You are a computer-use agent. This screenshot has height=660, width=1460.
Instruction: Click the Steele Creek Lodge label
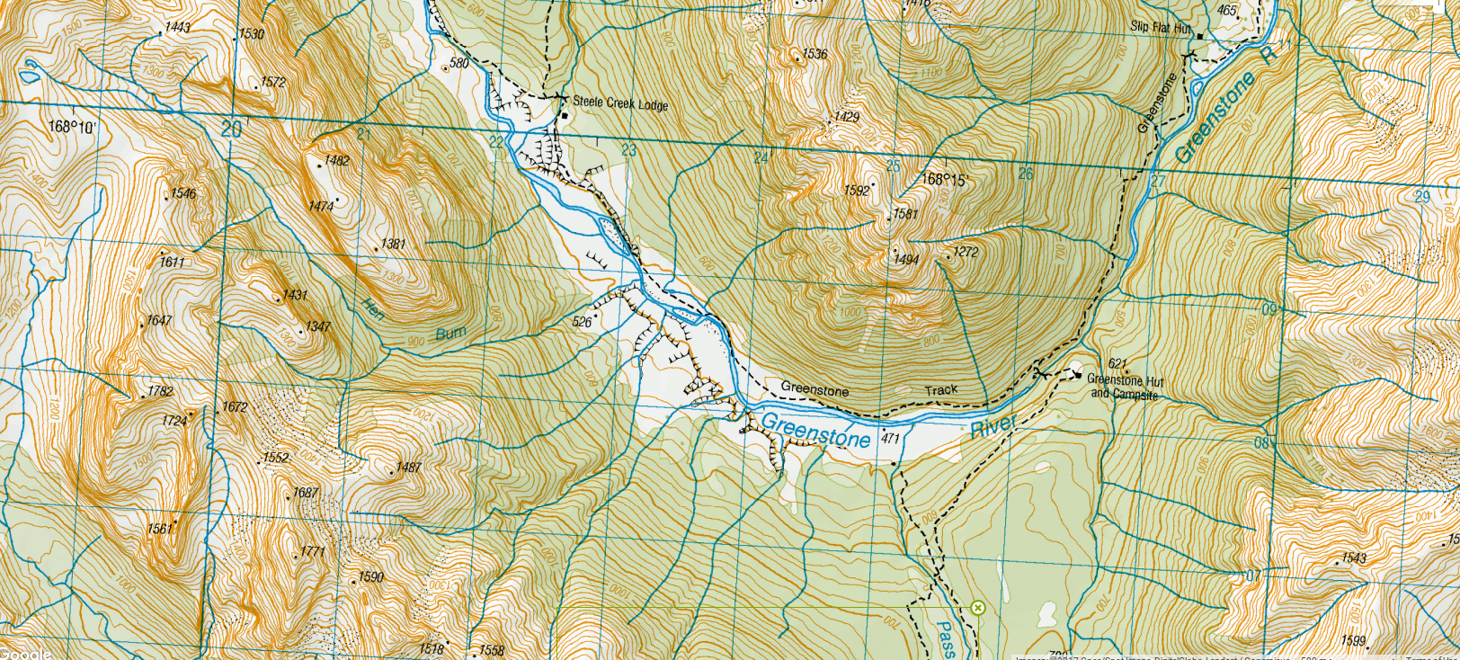click(620, 103)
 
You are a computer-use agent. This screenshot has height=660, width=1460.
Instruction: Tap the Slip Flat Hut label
click(1160, 28)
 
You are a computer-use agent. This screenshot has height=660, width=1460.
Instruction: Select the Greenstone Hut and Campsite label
click(1125, 387)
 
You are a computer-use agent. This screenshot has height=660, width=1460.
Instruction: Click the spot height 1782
click(160, 391)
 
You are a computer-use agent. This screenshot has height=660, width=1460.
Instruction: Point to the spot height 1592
click(856, 191)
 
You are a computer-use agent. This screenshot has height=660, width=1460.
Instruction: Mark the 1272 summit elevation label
click(965, 252)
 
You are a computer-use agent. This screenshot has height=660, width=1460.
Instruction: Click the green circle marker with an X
click(977, 608)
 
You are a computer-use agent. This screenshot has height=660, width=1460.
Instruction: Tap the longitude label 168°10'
click(71, 127)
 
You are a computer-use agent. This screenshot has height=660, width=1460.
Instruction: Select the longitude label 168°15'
click(943, 180)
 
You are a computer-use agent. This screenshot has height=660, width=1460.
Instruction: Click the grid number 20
click(231, 129)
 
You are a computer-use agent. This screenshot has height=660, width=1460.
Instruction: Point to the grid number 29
click(1421, 197)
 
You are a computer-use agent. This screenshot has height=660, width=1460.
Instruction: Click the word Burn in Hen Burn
click(450, 334)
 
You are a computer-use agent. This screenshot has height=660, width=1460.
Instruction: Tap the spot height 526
click(582, 322)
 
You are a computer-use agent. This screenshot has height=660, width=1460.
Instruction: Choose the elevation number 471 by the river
click(890, 439)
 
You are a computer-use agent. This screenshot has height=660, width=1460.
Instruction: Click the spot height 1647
click(159, 320)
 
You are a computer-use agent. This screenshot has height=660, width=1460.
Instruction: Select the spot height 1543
click(1354, 558)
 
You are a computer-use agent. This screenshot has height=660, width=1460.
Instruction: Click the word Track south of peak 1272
click(941, 390)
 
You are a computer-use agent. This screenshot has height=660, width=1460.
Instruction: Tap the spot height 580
click(458, 63)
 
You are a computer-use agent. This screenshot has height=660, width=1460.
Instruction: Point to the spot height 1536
click(815, 54)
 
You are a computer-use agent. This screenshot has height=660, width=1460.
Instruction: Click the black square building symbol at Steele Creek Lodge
click(565, 117)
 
